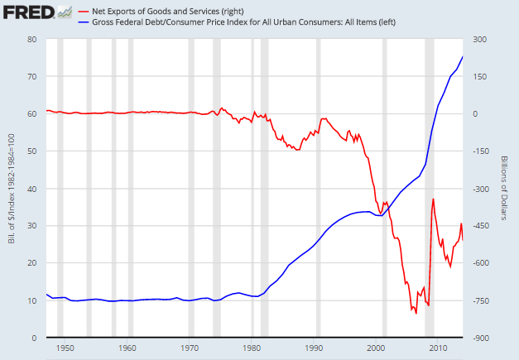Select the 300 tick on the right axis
479,39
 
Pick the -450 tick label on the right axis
482,226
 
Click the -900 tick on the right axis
482,338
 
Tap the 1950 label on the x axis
66,348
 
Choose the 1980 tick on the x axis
252,348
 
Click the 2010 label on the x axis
439,348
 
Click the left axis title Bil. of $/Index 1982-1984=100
9,188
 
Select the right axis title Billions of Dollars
504,188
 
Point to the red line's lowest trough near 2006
416,313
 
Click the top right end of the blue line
463,56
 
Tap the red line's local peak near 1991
323,118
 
